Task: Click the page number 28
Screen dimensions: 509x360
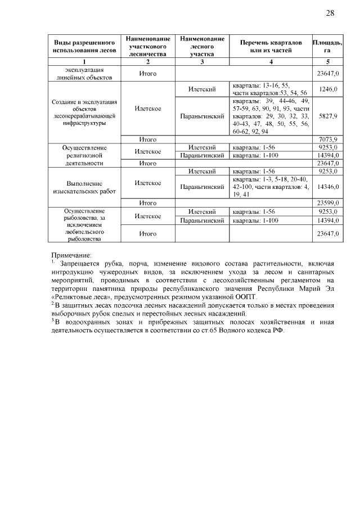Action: coord(330,13)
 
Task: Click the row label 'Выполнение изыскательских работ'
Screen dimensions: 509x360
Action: coord(84,187)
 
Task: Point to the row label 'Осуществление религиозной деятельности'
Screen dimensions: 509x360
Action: coord(84,155)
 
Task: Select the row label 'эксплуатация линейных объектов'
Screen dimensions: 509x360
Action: coord(84,73)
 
